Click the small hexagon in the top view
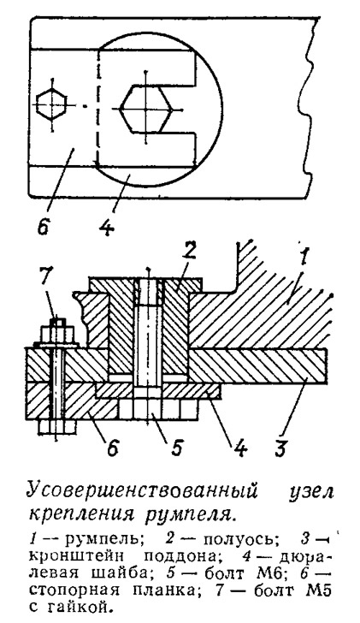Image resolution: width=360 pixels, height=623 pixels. (50, 105)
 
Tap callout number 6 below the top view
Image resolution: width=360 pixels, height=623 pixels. (44, 225)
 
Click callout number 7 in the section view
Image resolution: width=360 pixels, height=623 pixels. (50, 279)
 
